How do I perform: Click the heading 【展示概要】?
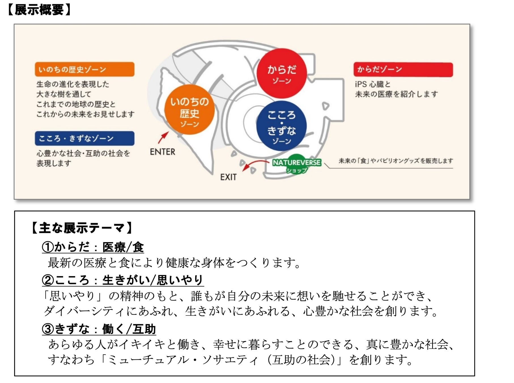tap(39, 10)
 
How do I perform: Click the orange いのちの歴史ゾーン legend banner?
tap(84, 70)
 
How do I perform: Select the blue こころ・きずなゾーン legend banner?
tap(84, 138)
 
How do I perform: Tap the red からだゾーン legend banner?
tap(403, 70)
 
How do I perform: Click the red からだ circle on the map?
tap(282, 73)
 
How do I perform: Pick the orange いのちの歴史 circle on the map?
tap(189, 110)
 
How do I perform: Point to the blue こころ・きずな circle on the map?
tap(281, 126)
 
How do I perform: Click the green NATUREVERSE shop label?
tap(296, 164)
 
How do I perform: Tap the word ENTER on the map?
tap(162, 152)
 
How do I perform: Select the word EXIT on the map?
tap(228, 177)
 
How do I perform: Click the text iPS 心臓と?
tap(372, 84)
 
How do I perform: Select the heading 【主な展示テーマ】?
tap(82, 228)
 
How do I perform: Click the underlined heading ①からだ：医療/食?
tap(93, 247)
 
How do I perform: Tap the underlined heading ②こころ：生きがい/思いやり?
tap(122, 280)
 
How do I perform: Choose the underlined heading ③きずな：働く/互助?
tap(99, 329)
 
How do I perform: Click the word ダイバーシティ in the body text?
tap(84, 311)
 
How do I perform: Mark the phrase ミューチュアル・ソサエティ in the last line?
tap(183, 360)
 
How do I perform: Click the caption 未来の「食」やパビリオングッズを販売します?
tap(396, 161)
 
